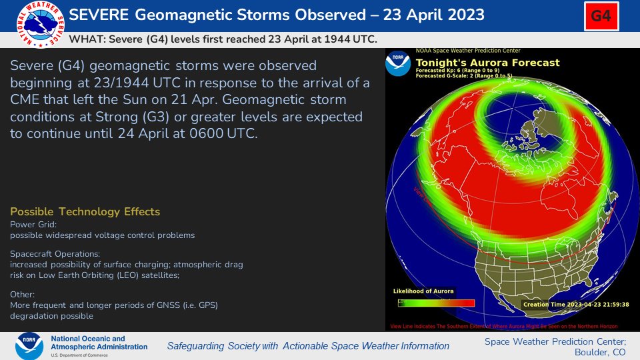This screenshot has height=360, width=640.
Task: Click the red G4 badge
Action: [x=601, y=16]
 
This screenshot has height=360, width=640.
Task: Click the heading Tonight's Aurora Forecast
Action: [x=487, y=63]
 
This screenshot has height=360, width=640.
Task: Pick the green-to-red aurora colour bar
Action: [x=436, y=303]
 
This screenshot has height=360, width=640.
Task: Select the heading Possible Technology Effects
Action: [x=85, y=211]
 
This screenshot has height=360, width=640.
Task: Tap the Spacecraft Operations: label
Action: [x=55, y=254]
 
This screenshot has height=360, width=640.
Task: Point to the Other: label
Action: [x=23, y=294]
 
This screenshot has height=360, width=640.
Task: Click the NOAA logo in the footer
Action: [x=30, y=346]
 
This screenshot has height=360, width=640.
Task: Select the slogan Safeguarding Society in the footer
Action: [x=307, y=346]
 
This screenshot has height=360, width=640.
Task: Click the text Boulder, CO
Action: [x=601, y=352]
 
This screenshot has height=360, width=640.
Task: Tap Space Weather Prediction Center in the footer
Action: [x=555, y=341]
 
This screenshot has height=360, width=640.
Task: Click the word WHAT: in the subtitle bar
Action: [x=85, y=39]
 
